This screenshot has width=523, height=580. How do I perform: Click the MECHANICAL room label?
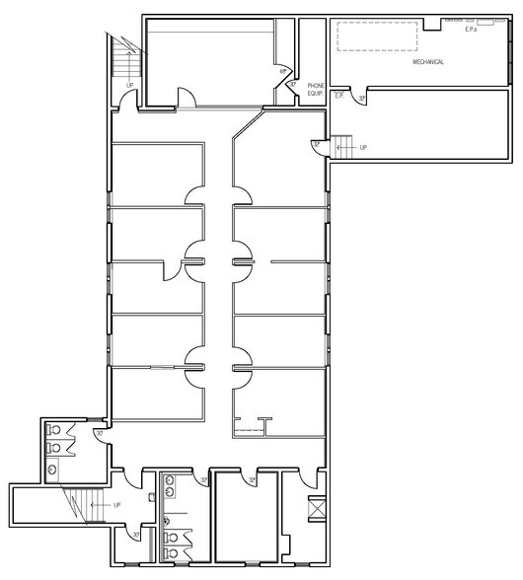pos(429,62)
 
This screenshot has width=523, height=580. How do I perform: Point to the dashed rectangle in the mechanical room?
pos(375,37)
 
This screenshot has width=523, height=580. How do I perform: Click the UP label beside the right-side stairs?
pos(362,148)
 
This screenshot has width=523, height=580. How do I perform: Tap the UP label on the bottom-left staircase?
pos(118,504)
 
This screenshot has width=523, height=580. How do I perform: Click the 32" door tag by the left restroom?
pos(99,434)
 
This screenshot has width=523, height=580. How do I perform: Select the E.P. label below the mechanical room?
pos(338,96)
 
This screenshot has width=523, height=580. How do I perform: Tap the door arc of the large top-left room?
pos(185,97)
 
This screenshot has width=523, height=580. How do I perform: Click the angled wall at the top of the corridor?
pos(246,125)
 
